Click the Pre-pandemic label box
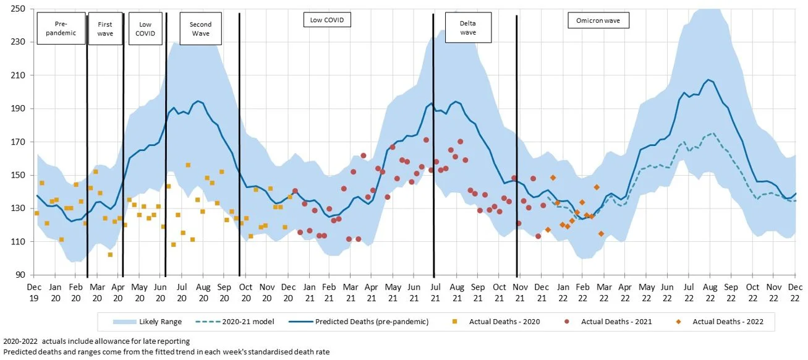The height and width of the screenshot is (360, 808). pyautogui.click(x=61, y=28)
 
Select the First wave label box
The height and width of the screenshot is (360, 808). pyautogui.click(x=105, y=28)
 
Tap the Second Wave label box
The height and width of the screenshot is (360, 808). pyautogui.click(x=200, y=28)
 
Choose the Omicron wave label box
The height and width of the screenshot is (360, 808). pyautogui.click(x=598, y=21)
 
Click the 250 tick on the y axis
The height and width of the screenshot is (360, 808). pyautogui.click(x=17, y=9)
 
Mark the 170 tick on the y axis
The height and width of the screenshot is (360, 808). pyautogui.click(x=17, y=142)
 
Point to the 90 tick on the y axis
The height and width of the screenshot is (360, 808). pyautogui.click(x=20, y=275)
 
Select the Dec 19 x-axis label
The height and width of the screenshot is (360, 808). pyautogui.click(x=35, y=292)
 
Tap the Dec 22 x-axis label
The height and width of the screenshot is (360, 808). pyautogui.click(x=795, y=292)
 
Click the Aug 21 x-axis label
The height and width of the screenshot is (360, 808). pyautogui.click(x=457, y=292)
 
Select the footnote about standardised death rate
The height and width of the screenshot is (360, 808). pyautogui.click(x=165, y=352)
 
